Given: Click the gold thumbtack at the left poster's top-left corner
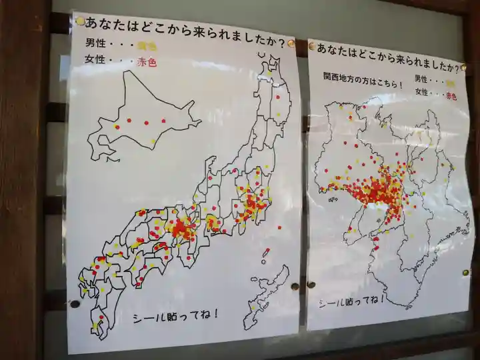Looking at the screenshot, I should pyautogui.click(x=81, y=21).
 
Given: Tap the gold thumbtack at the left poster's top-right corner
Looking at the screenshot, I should pyautogui.click(x=291, y=43).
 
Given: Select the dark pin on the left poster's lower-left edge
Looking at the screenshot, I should pyautogui.click(x=75, y=304).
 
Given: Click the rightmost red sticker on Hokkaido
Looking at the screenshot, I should pyautogui.click(x=163, y=121).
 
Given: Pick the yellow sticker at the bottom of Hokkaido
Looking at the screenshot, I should pyautogui.click(x=153, y=141).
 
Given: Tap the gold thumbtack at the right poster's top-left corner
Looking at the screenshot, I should pyautogui.click(x=311, y=47).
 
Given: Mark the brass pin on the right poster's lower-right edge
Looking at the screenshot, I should pyautogui.click(x=465, y=273).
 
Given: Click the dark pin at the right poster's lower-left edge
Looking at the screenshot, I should pyautogui.click(x=311, y=285).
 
